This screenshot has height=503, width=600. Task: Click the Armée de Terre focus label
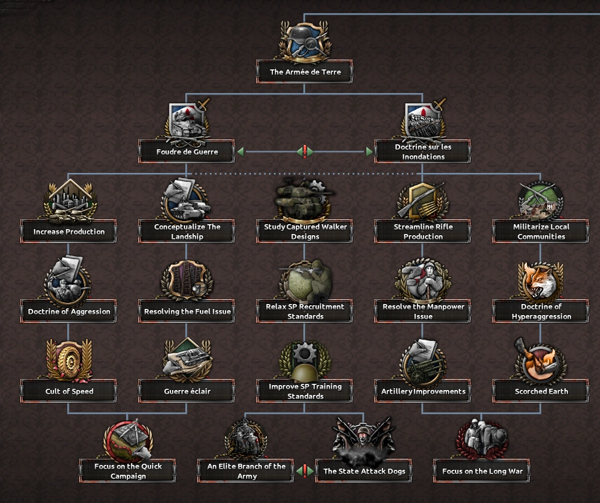(304, 72)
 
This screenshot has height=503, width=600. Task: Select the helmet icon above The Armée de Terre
(304, 39)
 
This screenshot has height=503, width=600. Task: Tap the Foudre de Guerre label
(186, 152)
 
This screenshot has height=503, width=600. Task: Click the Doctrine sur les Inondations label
(422, 152)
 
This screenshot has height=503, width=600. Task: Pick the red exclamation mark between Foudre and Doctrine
(304, 152)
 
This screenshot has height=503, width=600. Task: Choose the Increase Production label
(68, 232)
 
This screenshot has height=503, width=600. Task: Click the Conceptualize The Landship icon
(185, 200)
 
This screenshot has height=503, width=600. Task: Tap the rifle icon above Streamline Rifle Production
(421, 200)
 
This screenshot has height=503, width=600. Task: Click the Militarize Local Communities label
(540, 232)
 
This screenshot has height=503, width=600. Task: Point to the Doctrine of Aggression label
(68, 311)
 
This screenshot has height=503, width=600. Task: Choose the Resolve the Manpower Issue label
(422, 311)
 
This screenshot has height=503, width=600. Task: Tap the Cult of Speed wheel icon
(68, 360)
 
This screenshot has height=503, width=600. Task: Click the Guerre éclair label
(186, 391)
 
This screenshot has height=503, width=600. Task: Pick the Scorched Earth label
(540, 391)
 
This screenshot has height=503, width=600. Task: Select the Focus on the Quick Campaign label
(127, 471)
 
